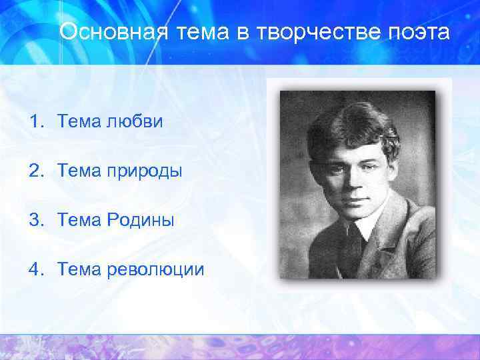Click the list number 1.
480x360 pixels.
35,122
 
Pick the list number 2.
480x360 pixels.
35,171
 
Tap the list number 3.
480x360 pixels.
35,220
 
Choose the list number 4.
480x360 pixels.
35,269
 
